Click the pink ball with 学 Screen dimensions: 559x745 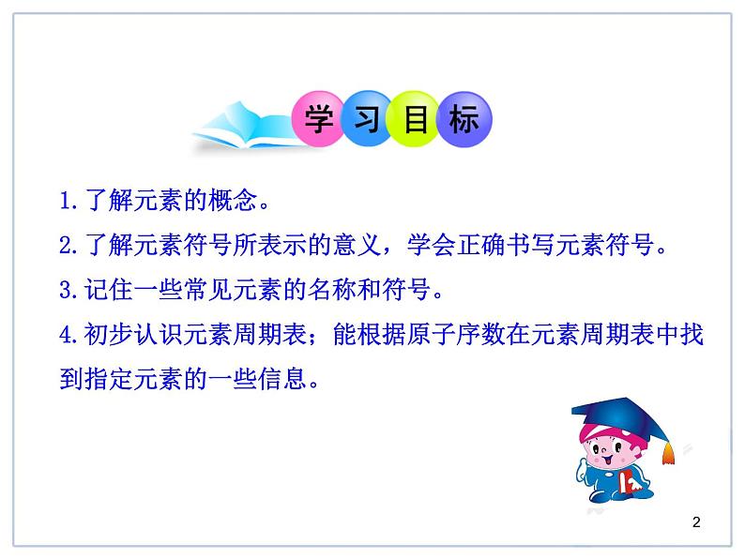(x=321, y=119)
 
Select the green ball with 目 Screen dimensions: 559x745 (x=414, y=119)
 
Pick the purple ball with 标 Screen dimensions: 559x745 (x=463, y=119)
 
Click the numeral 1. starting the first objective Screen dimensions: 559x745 (x=68, y=201)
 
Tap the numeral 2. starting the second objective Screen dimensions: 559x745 (x=68, y=246)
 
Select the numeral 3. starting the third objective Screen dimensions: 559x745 (x=68, y=291)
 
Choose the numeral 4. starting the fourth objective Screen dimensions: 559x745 (x=68, y=336)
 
